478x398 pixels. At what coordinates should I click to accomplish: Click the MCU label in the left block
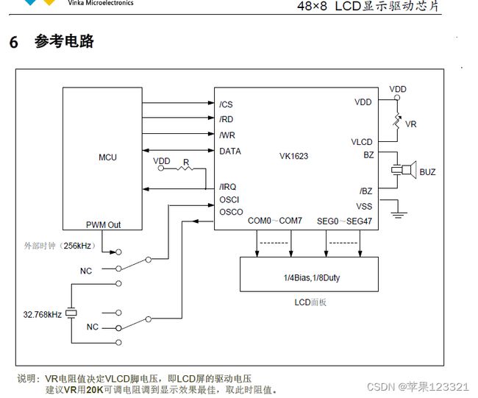pyautogui.click(x=107, y=157)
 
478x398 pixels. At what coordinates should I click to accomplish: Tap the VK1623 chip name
pyautogui.click(x=294, y=156)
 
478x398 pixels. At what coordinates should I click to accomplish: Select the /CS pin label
pyautogui.click(x=226, y=104)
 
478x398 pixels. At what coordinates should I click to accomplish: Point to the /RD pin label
pyautogui.click(x=226, y=119)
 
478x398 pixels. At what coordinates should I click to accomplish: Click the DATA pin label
pyautogui.click(x=230, y=152)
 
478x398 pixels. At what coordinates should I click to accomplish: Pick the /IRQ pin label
pyautogui.click(x=228, y=187)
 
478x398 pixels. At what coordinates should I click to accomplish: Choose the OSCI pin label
pyautogui.click(x=229, y=200)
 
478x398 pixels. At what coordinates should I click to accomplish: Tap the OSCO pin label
pyautogui.click(x=231, y=212)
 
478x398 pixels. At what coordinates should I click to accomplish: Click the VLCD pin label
pyautogui.click(x=362, y=142)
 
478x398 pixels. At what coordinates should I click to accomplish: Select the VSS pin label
pyautogui.click(x=364, y=207)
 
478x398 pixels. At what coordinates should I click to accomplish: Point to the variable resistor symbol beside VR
pyautogui.click(x=397, y=121)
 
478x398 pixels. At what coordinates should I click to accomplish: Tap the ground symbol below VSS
pyautogui.click(x=399, y=214)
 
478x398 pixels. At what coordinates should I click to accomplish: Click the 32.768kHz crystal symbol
pyautogui.click(x=71, y=313)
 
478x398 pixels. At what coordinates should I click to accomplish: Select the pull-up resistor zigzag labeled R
pyautogui.click(x=185, y=168)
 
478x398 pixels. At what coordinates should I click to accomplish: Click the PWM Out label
pyautogui.click(x=104, y=225)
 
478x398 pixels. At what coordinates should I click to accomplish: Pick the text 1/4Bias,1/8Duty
pyautogui.click(x=312, y=278)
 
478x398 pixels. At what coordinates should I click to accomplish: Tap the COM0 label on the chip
pyautogui.click(x=260, y=221)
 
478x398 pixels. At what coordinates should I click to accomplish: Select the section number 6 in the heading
pyautogui.click(x=13, y=42)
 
